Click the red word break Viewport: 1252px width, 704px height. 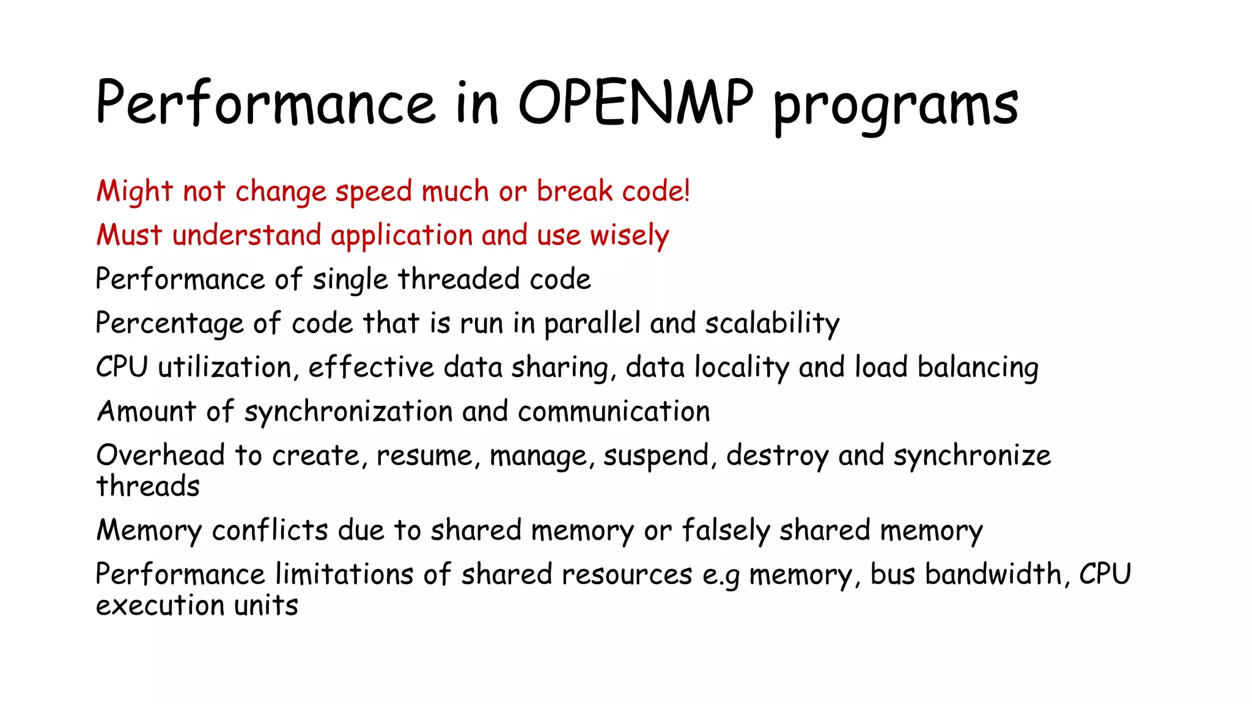tap(574, 191)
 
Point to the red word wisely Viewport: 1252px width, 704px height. tap(629, 236)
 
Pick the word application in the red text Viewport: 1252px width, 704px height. tap(402, 236)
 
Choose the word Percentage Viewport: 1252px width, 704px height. tap(170, 324)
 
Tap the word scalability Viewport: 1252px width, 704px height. tap(772, 324)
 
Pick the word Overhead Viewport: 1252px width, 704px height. tap(160, 455)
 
